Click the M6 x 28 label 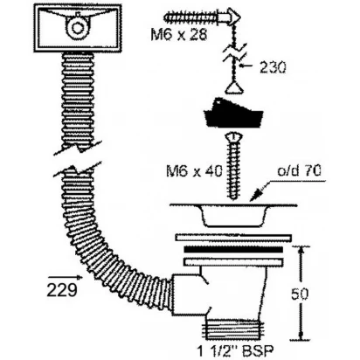tap(179, 35)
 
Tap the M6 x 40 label tap(194, 171)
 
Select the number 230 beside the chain tap(273, 67)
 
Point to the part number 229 tap(62, 290)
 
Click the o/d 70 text tap(299, 170)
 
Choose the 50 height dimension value tap(299, 294)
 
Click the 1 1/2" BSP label tap(235, 350)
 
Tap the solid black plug tap(234, 113)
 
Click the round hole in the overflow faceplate tap(77, 28)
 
